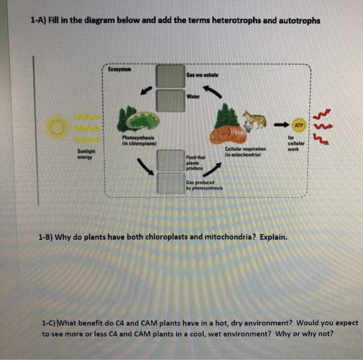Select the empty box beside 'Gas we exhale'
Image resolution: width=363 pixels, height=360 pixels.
(171, 76)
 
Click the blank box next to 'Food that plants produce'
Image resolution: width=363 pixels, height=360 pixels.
(171, 160)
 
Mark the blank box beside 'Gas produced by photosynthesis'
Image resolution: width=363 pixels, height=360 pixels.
(171, 183)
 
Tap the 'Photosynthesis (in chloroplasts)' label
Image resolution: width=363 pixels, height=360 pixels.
(135, 140)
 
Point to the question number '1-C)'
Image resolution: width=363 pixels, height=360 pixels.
(50, 323)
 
